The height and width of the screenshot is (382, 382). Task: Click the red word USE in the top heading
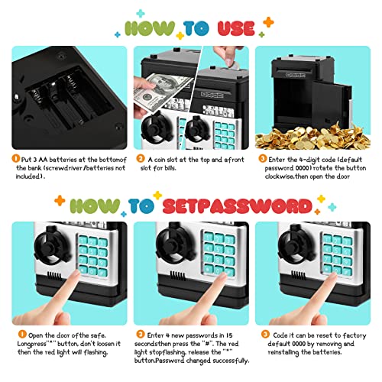click(236, 28)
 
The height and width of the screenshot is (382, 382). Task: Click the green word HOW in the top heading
click(150, 28)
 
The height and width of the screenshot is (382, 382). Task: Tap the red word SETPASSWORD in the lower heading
click(238, 206)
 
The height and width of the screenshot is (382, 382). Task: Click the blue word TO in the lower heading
click(141, 206)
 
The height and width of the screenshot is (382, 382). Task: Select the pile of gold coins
click(312, 137)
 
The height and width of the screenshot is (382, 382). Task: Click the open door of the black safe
click(331, 105)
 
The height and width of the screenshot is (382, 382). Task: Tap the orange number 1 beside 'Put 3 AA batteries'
click(16, 159)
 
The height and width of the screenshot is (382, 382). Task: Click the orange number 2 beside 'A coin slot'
click(141, 159)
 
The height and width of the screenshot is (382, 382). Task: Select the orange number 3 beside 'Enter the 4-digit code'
click(262, 159)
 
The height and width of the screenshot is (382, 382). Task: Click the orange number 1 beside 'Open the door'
click(22, 334)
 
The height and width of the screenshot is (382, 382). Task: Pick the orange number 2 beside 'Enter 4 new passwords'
click(141, 334)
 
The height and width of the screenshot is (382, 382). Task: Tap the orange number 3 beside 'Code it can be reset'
click(265, 334)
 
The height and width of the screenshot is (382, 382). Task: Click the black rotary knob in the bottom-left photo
click(52, 247)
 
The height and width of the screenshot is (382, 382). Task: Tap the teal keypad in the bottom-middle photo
click(219, 253)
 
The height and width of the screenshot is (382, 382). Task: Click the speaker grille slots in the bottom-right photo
click(299, 275)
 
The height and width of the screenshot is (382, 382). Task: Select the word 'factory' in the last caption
click(354, 335)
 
